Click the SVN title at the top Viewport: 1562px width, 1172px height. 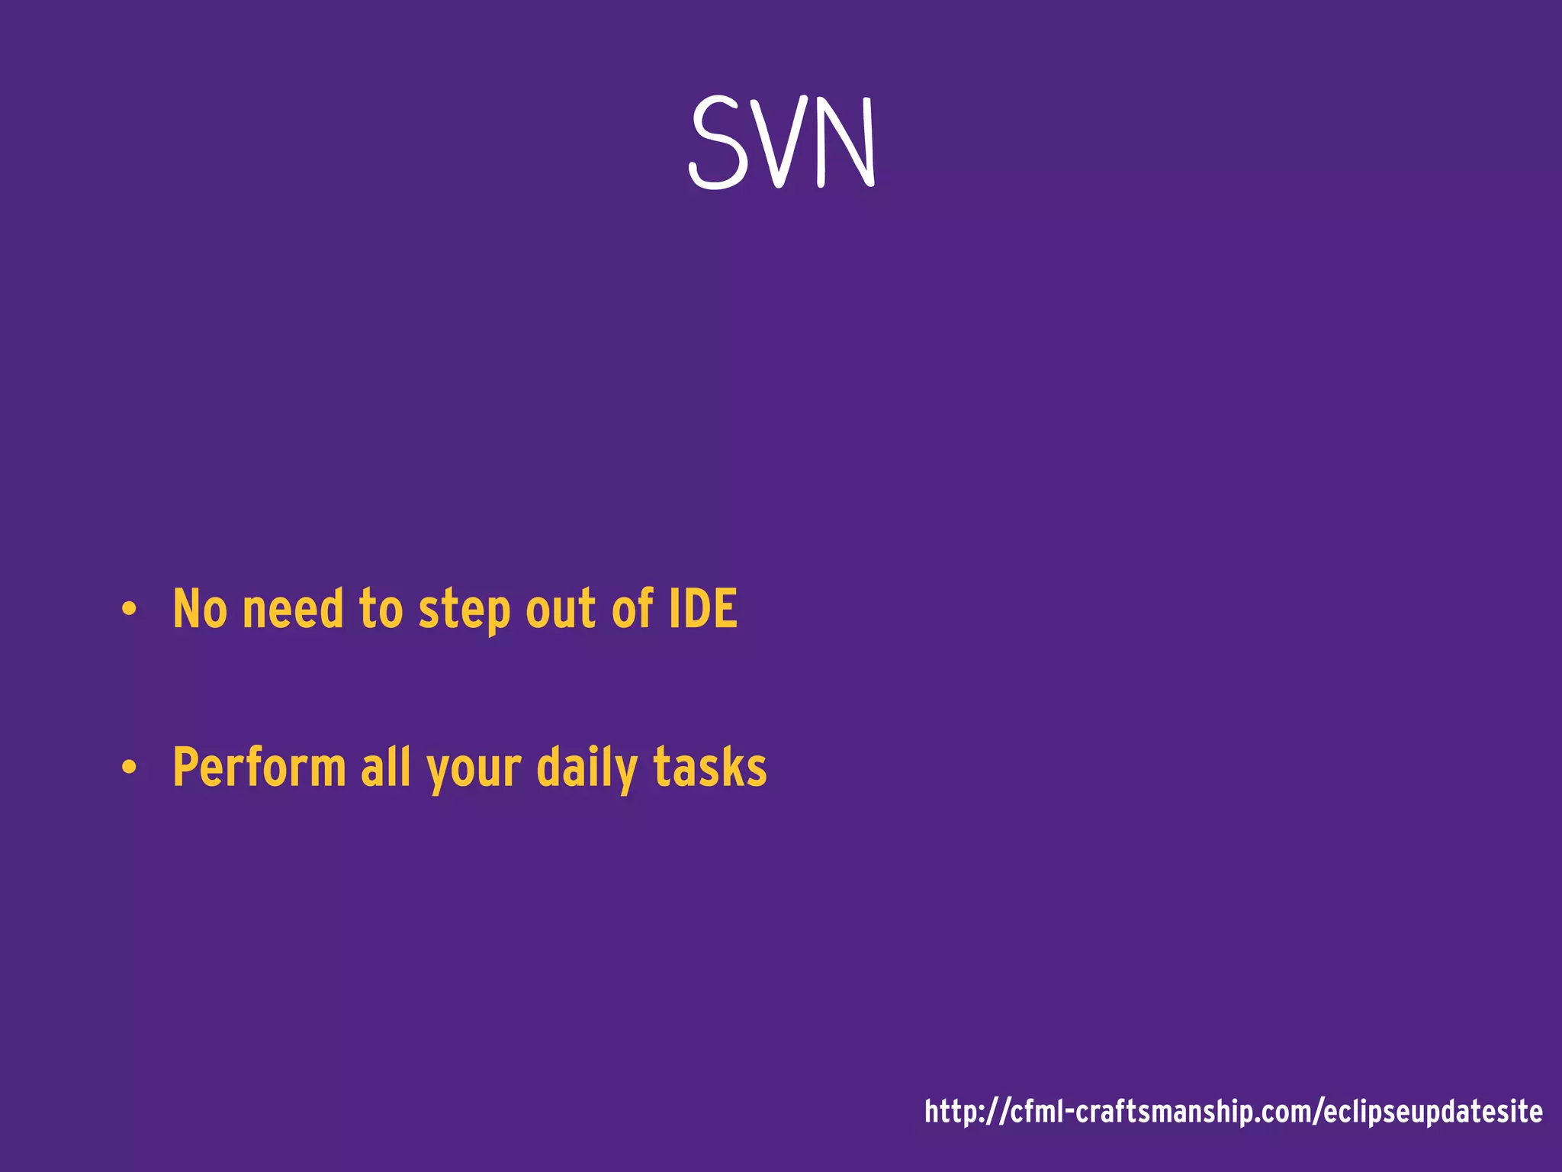click(x=783, y=143)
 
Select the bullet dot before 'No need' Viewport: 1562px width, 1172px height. click(x=129, y=610)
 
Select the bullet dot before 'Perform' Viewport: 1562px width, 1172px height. click(x=129, y=768)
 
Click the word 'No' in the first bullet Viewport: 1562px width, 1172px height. click(x=200, y=609)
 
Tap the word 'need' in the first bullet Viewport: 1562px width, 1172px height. click(x=293, y=609)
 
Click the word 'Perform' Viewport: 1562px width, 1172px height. click(x=259, y=767)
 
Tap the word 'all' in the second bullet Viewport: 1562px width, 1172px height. click(x=386, y=767)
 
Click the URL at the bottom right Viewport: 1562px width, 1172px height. click(x=1233, y=1112)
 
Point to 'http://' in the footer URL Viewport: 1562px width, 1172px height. click(x=966, y=1112)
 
